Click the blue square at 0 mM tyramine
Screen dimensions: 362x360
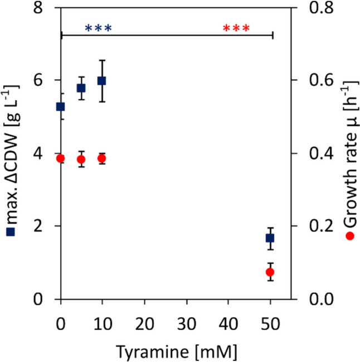click(60, 107)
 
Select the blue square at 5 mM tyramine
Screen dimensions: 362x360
click(81, 88)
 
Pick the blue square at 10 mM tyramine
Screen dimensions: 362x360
click(101, 80)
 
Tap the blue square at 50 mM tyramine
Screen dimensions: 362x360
click(270, 238)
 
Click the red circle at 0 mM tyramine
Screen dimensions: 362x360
click(61, 158)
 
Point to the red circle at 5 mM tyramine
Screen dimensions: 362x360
click(81, 160)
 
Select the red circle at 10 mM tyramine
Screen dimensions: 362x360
click(101, 158)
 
